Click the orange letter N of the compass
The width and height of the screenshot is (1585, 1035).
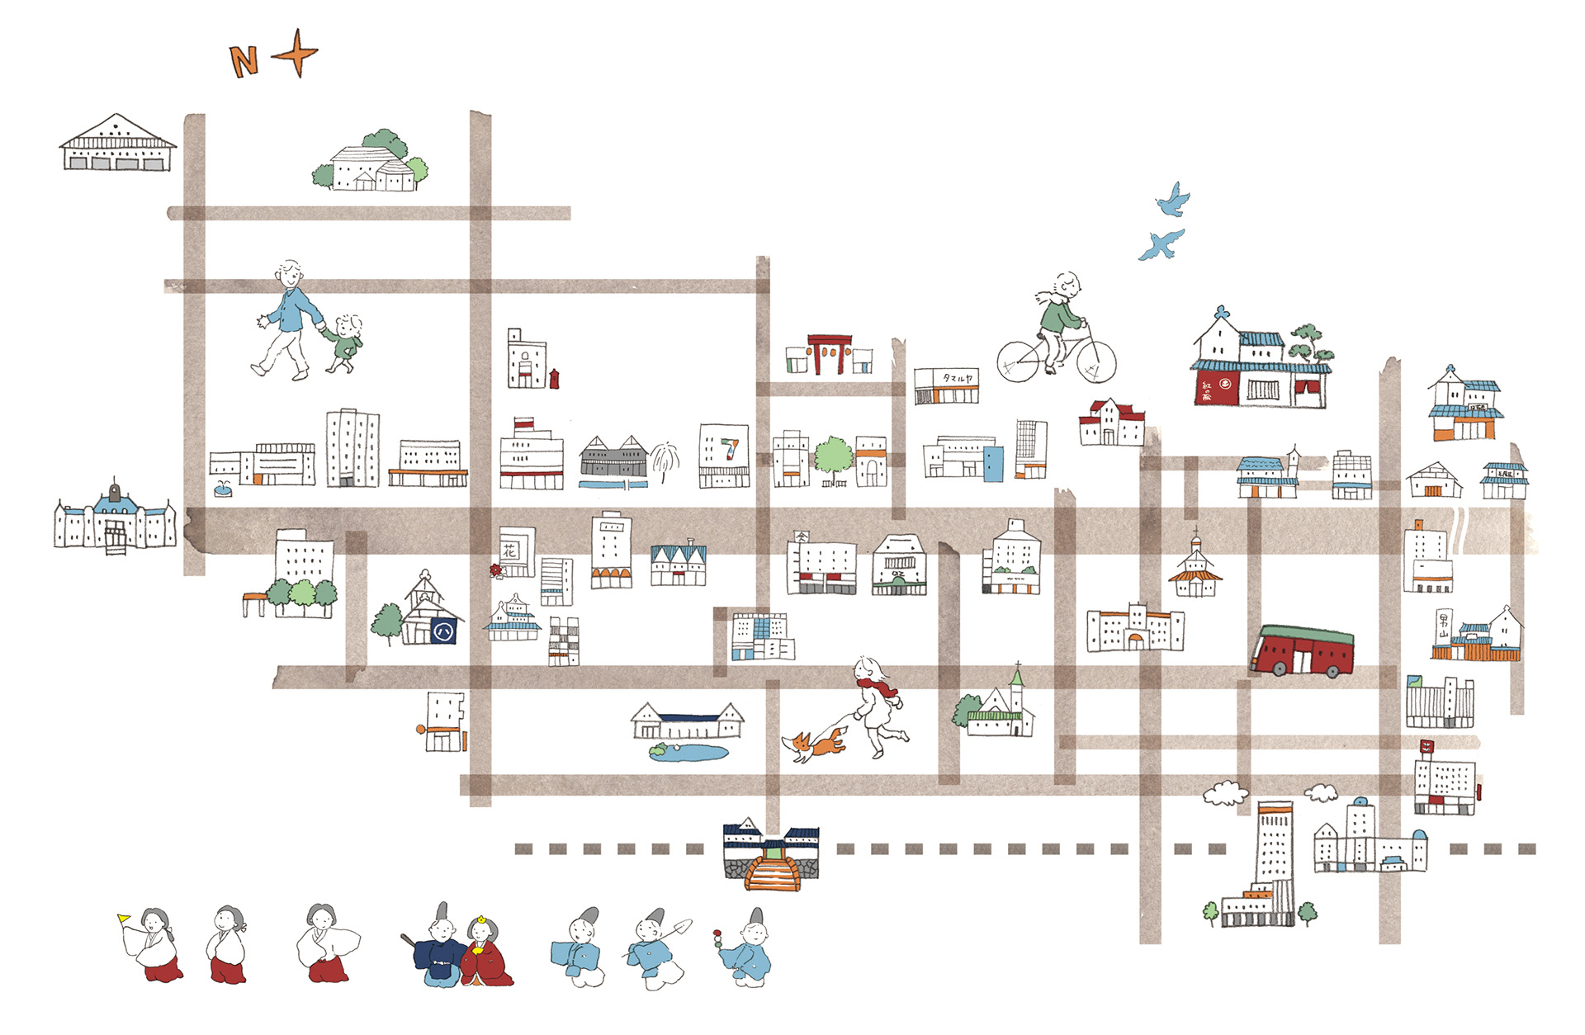(x=244, y=62)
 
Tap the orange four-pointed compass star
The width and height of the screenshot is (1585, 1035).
(x=296, y=54)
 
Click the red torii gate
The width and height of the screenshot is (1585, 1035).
(x=830, y=353)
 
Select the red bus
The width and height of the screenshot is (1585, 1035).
(x=1303, y=650)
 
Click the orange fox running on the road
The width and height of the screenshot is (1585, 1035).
(x=815, y=745)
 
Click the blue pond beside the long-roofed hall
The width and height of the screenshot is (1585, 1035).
(x=688, y=753)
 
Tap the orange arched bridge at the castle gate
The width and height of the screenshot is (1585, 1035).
(x=772, y=873)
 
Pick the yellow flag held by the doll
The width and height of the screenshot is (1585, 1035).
(x=124, y=918)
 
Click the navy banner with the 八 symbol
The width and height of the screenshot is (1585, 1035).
(x=443, y=632)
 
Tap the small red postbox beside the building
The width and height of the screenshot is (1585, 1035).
(x=554, y=378)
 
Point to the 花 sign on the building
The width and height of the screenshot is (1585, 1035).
(x=511, y=548)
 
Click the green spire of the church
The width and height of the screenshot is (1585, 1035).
(x=1018, y=678)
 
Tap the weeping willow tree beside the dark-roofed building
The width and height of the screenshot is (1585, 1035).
(x=665, y=461)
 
